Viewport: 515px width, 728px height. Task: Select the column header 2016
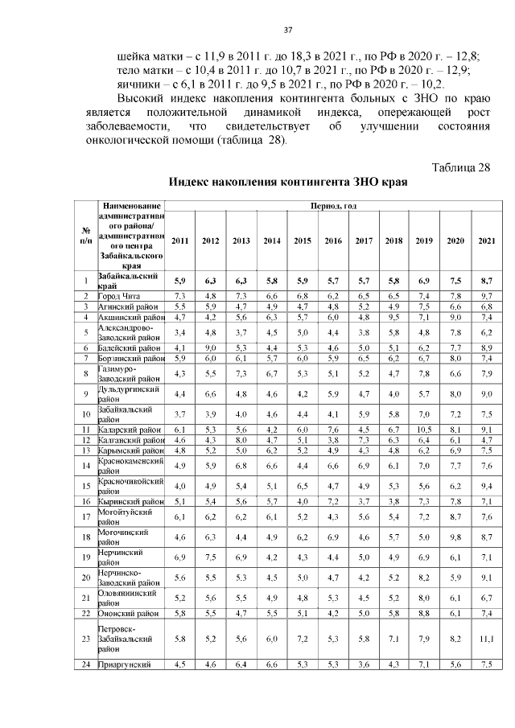pyautogui.click(x=333, y=241)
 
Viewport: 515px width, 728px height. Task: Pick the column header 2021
pyautogui.click(x=486, y=241)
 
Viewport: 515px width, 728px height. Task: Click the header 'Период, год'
pyautogui.click(x=332, y=207)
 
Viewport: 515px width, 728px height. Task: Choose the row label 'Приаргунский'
pyautogui.click(x=125, y=664)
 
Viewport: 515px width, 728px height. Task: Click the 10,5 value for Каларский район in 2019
pyautogui.click(x=424, y=430)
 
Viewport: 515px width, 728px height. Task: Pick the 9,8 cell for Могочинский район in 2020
pyautogui.click(x=455, y=537)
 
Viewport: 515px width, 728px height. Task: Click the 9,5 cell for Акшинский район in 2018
pyautogui.click(x=393, y=318)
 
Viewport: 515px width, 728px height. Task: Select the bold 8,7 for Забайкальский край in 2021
pyautogui.click(x=486, y=280)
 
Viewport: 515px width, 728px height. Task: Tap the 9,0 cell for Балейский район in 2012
pyautogui.click(x=211, y=347)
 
